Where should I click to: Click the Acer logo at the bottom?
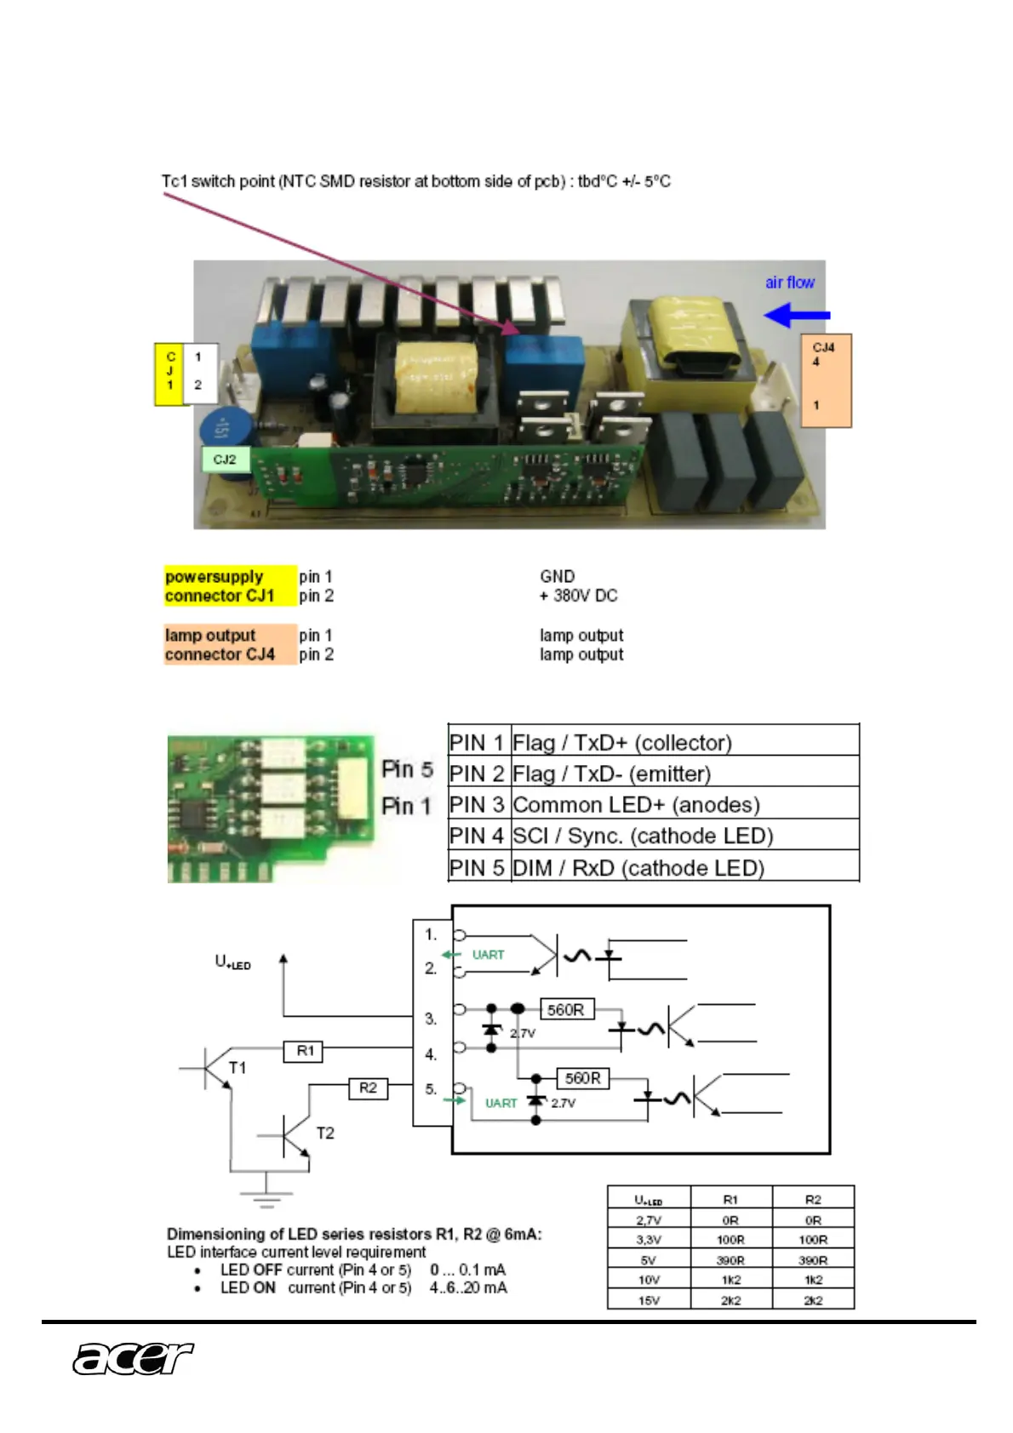pos(133,1358)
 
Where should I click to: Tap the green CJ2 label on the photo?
pos(225,460)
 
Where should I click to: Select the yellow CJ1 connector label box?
pos(170,374)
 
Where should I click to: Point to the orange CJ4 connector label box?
pos(826,380)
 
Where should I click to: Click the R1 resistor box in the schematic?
pos(303,1051)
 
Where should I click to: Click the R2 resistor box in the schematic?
pos(368,1088)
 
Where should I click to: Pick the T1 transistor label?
pos(238,1067)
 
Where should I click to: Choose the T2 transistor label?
pos(325,1133)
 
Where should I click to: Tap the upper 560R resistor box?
pos(566,1010)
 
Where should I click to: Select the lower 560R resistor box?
pos(582,1078)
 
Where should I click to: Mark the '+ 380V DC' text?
pos(579,596)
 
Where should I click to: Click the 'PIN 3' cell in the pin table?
pos(478,804)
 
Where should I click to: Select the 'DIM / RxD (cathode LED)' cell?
pos(638,868)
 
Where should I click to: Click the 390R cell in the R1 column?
pos(730,1260)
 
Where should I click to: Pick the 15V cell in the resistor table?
pos(649,1300)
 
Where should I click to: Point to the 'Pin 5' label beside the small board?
pos(407,769)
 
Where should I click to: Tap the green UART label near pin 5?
pos(501,1103)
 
